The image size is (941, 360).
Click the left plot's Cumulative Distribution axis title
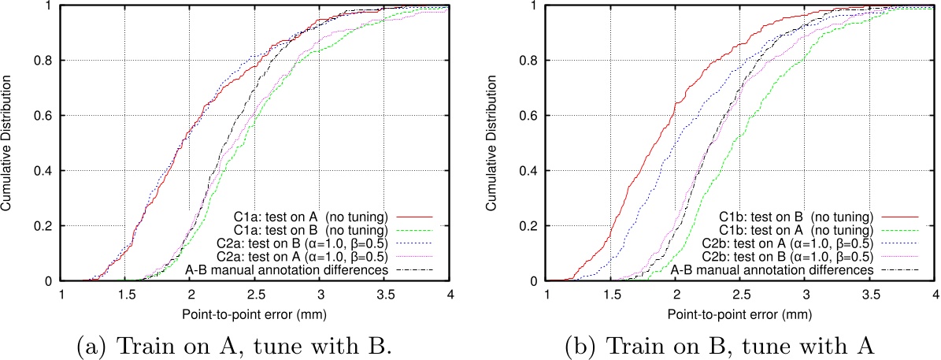[9, 142]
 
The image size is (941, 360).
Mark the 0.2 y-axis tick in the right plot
[529, 225]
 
